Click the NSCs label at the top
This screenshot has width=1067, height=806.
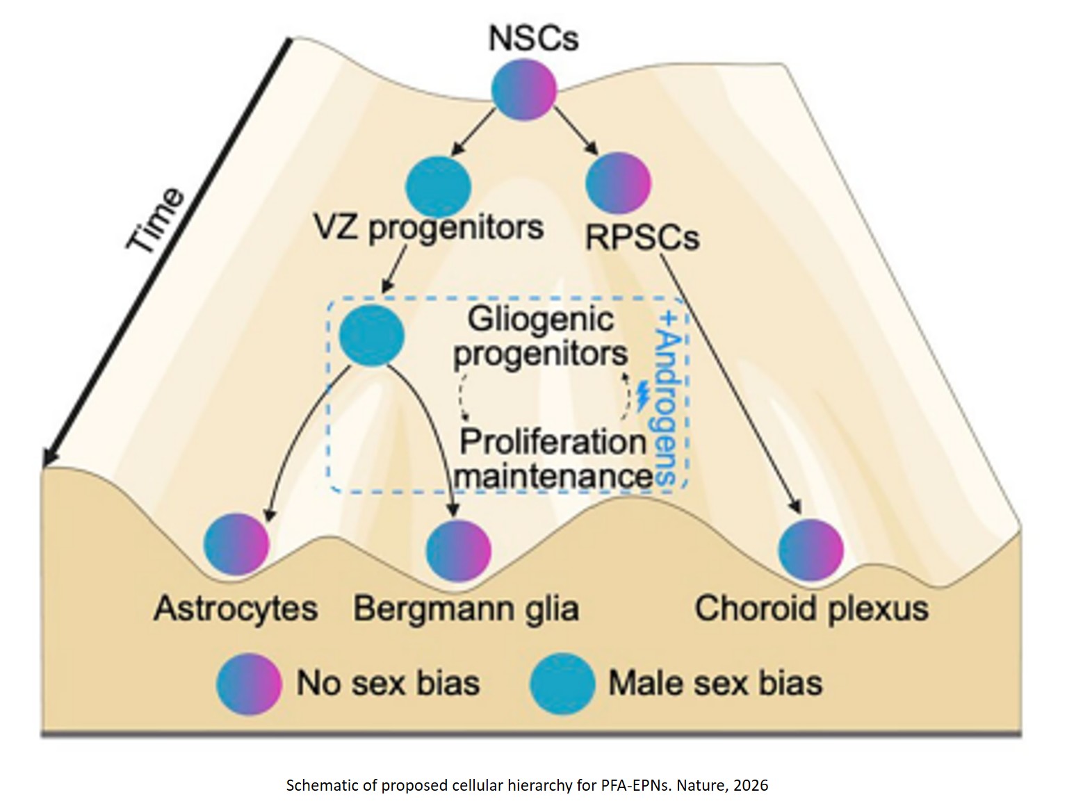(x=533, y=38)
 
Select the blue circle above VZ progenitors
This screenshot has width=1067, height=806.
(x=439, y=186)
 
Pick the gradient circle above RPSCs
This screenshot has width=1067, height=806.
(x=618, y=183)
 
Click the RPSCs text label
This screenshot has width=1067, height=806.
(x=642, y=238)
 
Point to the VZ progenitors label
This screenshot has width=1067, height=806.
(x=429, y=228)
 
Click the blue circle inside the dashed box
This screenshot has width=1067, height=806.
(x=372, y=335)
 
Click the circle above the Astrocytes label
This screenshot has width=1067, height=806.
(x=237, y=544)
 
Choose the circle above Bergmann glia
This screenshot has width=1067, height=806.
(x=458, y=549)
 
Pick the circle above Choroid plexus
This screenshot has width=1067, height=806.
(x=811, y=549)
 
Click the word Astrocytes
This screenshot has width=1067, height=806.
(x=236, y=609)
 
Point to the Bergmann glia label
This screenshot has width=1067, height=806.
(x=466, y=609)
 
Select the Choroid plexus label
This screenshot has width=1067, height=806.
(x=811, y=609)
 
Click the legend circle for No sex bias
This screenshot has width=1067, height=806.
(x=250, y=684)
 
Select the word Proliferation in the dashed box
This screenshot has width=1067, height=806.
(x=553, y=442)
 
